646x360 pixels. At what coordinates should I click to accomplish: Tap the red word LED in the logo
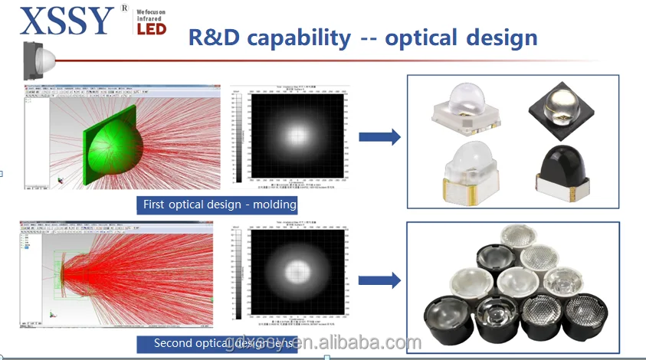tap(152, 28)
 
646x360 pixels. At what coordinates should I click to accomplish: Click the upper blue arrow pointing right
tap(379, 137)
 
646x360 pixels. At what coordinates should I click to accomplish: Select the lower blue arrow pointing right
tap(379, 280)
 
